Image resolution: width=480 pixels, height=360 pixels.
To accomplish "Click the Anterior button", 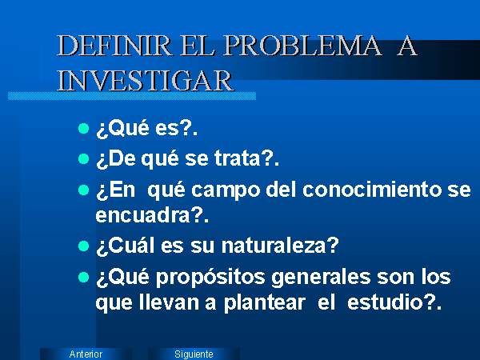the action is pyautogui.click(x=86, y=354).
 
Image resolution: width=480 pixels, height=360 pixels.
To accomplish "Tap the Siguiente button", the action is pyautogui.click(x=194, y=354).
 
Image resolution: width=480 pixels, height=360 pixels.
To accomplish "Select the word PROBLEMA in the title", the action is pyautogui.click(x=303, y=46).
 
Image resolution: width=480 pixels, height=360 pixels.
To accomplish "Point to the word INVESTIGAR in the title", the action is pyautogui.click(x=146, y=80).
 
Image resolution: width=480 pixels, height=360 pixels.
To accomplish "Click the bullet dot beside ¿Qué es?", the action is pyautogui.click(x=83, y=128).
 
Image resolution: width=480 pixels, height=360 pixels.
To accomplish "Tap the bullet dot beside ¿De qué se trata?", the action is pyautogui.click(x=83, y=159).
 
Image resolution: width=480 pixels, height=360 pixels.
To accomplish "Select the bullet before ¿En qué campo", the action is pyautogui.click(x=83, y=190).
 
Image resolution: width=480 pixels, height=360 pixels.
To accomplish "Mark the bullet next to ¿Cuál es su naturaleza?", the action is pyautogui.click(x=83, y=246).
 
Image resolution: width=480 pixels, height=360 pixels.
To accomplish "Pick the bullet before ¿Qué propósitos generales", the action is pyautogui.click(x=83, y=277).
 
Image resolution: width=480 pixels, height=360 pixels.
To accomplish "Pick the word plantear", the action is pyautogui.click(x=265, y=303).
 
